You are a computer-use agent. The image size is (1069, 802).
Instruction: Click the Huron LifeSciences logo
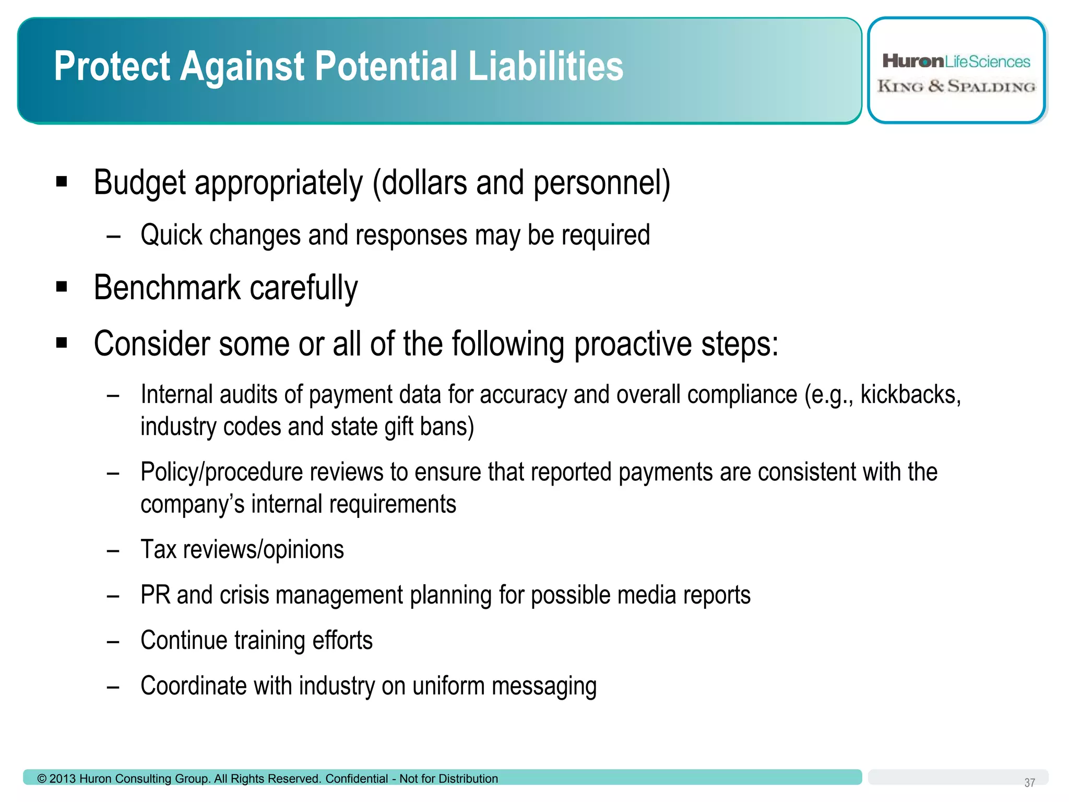tap(956, 62)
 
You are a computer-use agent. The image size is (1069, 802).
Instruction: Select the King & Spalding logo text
tap(956, 87)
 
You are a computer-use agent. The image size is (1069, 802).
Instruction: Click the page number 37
tap(1029, 783)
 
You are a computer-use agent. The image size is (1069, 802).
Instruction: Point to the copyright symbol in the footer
tap(42, 779)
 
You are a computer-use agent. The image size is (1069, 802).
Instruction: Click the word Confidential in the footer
tap(357, 779)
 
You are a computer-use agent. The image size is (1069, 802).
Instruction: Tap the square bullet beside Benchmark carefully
tap(62, 287)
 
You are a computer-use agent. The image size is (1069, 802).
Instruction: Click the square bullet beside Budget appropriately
tap(62, 182)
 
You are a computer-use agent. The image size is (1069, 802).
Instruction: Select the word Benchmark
tap(167, 288)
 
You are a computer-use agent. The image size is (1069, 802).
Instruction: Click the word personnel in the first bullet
tap(600, 183)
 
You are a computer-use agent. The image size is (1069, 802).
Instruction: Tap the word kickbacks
tap(910, 394)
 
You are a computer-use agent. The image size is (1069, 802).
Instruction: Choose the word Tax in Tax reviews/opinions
tap(159, 549)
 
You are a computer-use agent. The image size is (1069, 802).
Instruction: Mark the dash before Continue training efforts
tap(113, 642)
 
